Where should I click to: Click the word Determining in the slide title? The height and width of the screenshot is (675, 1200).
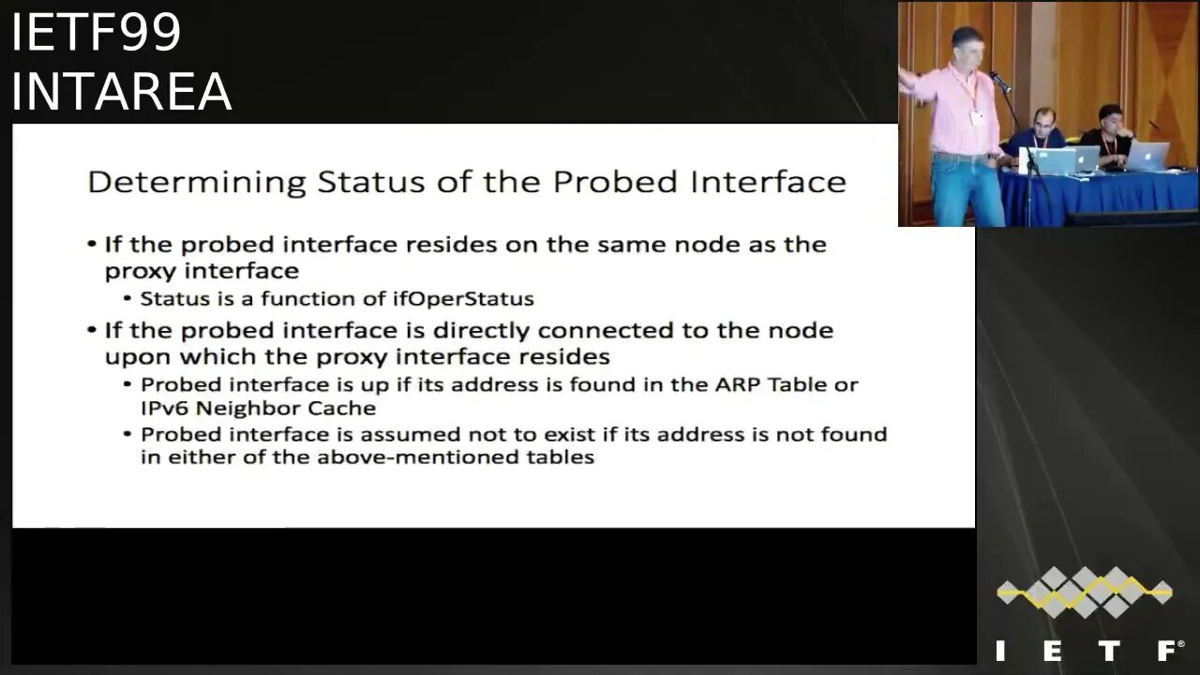click(x=197, y=183)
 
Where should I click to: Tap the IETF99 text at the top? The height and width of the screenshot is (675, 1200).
click(x=97, y=32)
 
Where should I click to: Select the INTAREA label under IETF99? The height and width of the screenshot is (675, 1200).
click(x=122, y=91)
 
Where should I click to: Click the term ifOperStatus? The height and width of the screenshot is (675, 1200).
click(x=463, y=298)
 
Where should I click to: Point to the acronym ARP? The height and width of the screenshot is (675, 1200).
click(x=738, y=384)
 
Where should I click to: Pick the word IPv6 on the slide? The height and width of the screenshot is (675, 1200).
click(x=164, y=409)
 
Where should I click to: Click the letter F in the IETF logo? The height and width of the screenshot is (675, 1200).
click(x=1169, y=650)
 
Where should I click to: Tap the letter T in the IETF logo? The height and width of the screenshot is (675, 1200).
click(x=1109, y=651)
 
